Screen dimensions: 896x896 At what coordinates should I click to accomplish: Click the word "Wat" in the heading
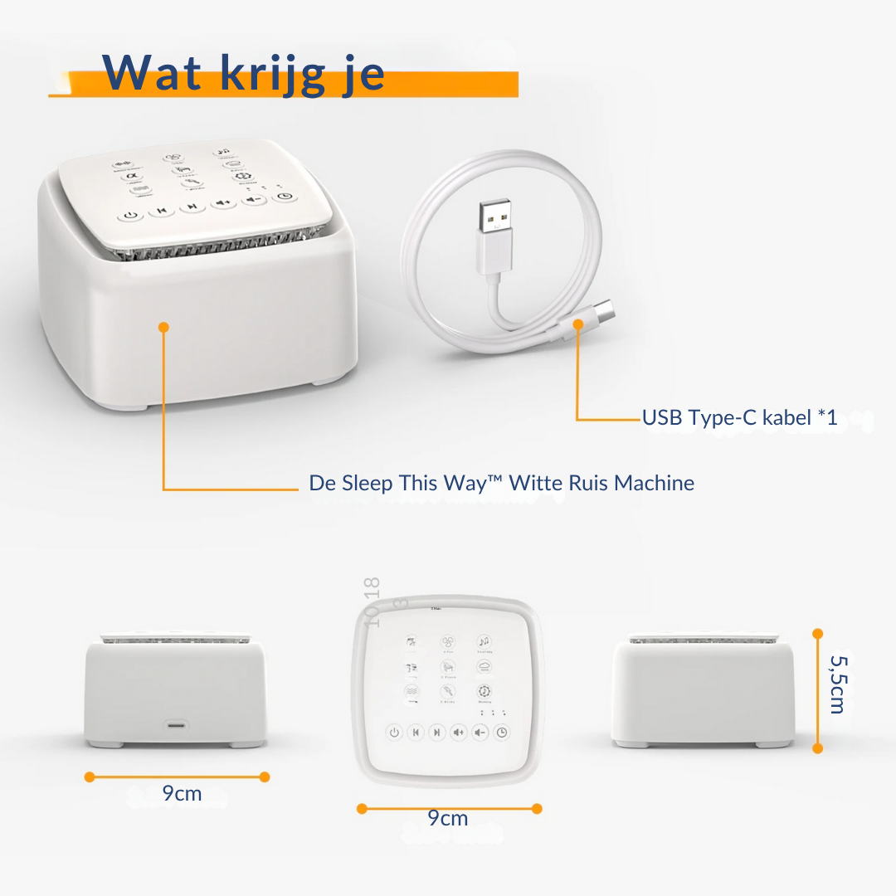click(153, 74)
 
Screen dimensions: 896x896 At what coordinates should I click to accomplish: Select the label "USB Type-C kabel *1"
click(739, 418)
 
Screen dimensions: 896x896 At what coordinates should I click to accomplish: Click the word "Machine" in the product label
click(654, 483)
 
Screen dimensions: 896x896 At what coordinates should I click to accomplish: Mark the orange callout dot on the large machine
click(163, 328)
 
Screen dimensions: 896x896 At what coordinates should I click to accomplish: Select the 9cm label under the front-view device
click(182, 794)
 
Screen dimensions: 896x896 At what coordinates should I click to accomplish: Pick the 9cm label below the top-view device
click(448, 819)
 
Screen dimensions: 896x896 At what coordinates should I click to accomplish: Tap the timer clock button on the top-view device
click(502, 733)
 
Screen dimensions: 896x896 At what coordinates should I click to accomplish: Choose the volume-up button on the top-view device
click(459, 733)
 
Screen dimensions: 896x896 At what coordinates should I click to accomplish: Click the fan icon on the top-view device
click(448, 643)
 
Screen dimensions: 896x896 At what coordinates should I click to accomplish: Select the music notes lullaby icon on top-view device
click(484, 643)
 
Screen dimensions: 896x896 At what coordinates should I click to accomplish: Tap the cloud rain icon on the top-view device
click(484, 668)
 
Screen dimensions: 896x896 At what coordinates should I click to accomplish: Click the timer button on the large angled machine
click(285, 197)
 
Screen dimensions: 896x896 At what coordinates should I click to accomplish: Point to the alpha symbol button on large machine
click(130, 176)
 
